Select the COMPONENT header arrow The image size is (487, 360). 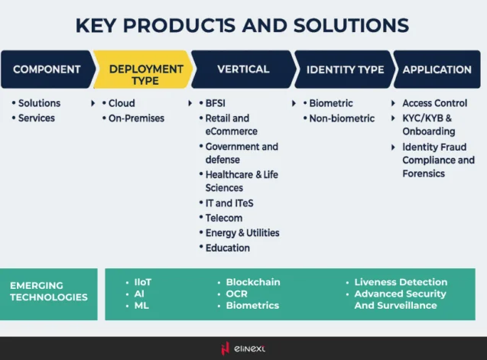point(47,70)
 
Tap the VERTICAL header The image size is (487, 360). point(242,70)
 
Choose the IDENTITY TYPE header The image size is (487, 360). point(345,70)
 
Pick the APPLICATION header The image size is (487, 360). point(437,70)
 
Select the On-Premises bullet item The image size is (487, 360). point(136,118)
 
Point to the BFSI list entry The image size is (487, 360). point(216,103)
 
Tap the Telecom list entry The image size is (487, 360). point(223,218)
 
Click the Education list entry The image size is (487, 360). point(227,248)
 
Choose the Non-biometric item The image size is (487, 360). point(342,118)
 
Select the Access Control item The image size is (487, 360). point(434,103)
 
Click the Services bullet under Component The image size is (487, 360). point(36,118)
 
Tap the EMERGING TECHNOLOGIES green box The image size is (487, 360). point(48,292)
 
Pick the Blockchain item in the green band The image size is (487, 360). point(252,282)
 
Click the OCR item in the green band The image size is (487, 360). point(237,294)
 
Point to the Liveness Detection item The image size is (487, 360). point(400,282)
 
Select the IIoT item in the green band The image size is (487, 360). point(142,282)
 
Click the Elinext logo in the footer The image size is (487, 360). point(243,349)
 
